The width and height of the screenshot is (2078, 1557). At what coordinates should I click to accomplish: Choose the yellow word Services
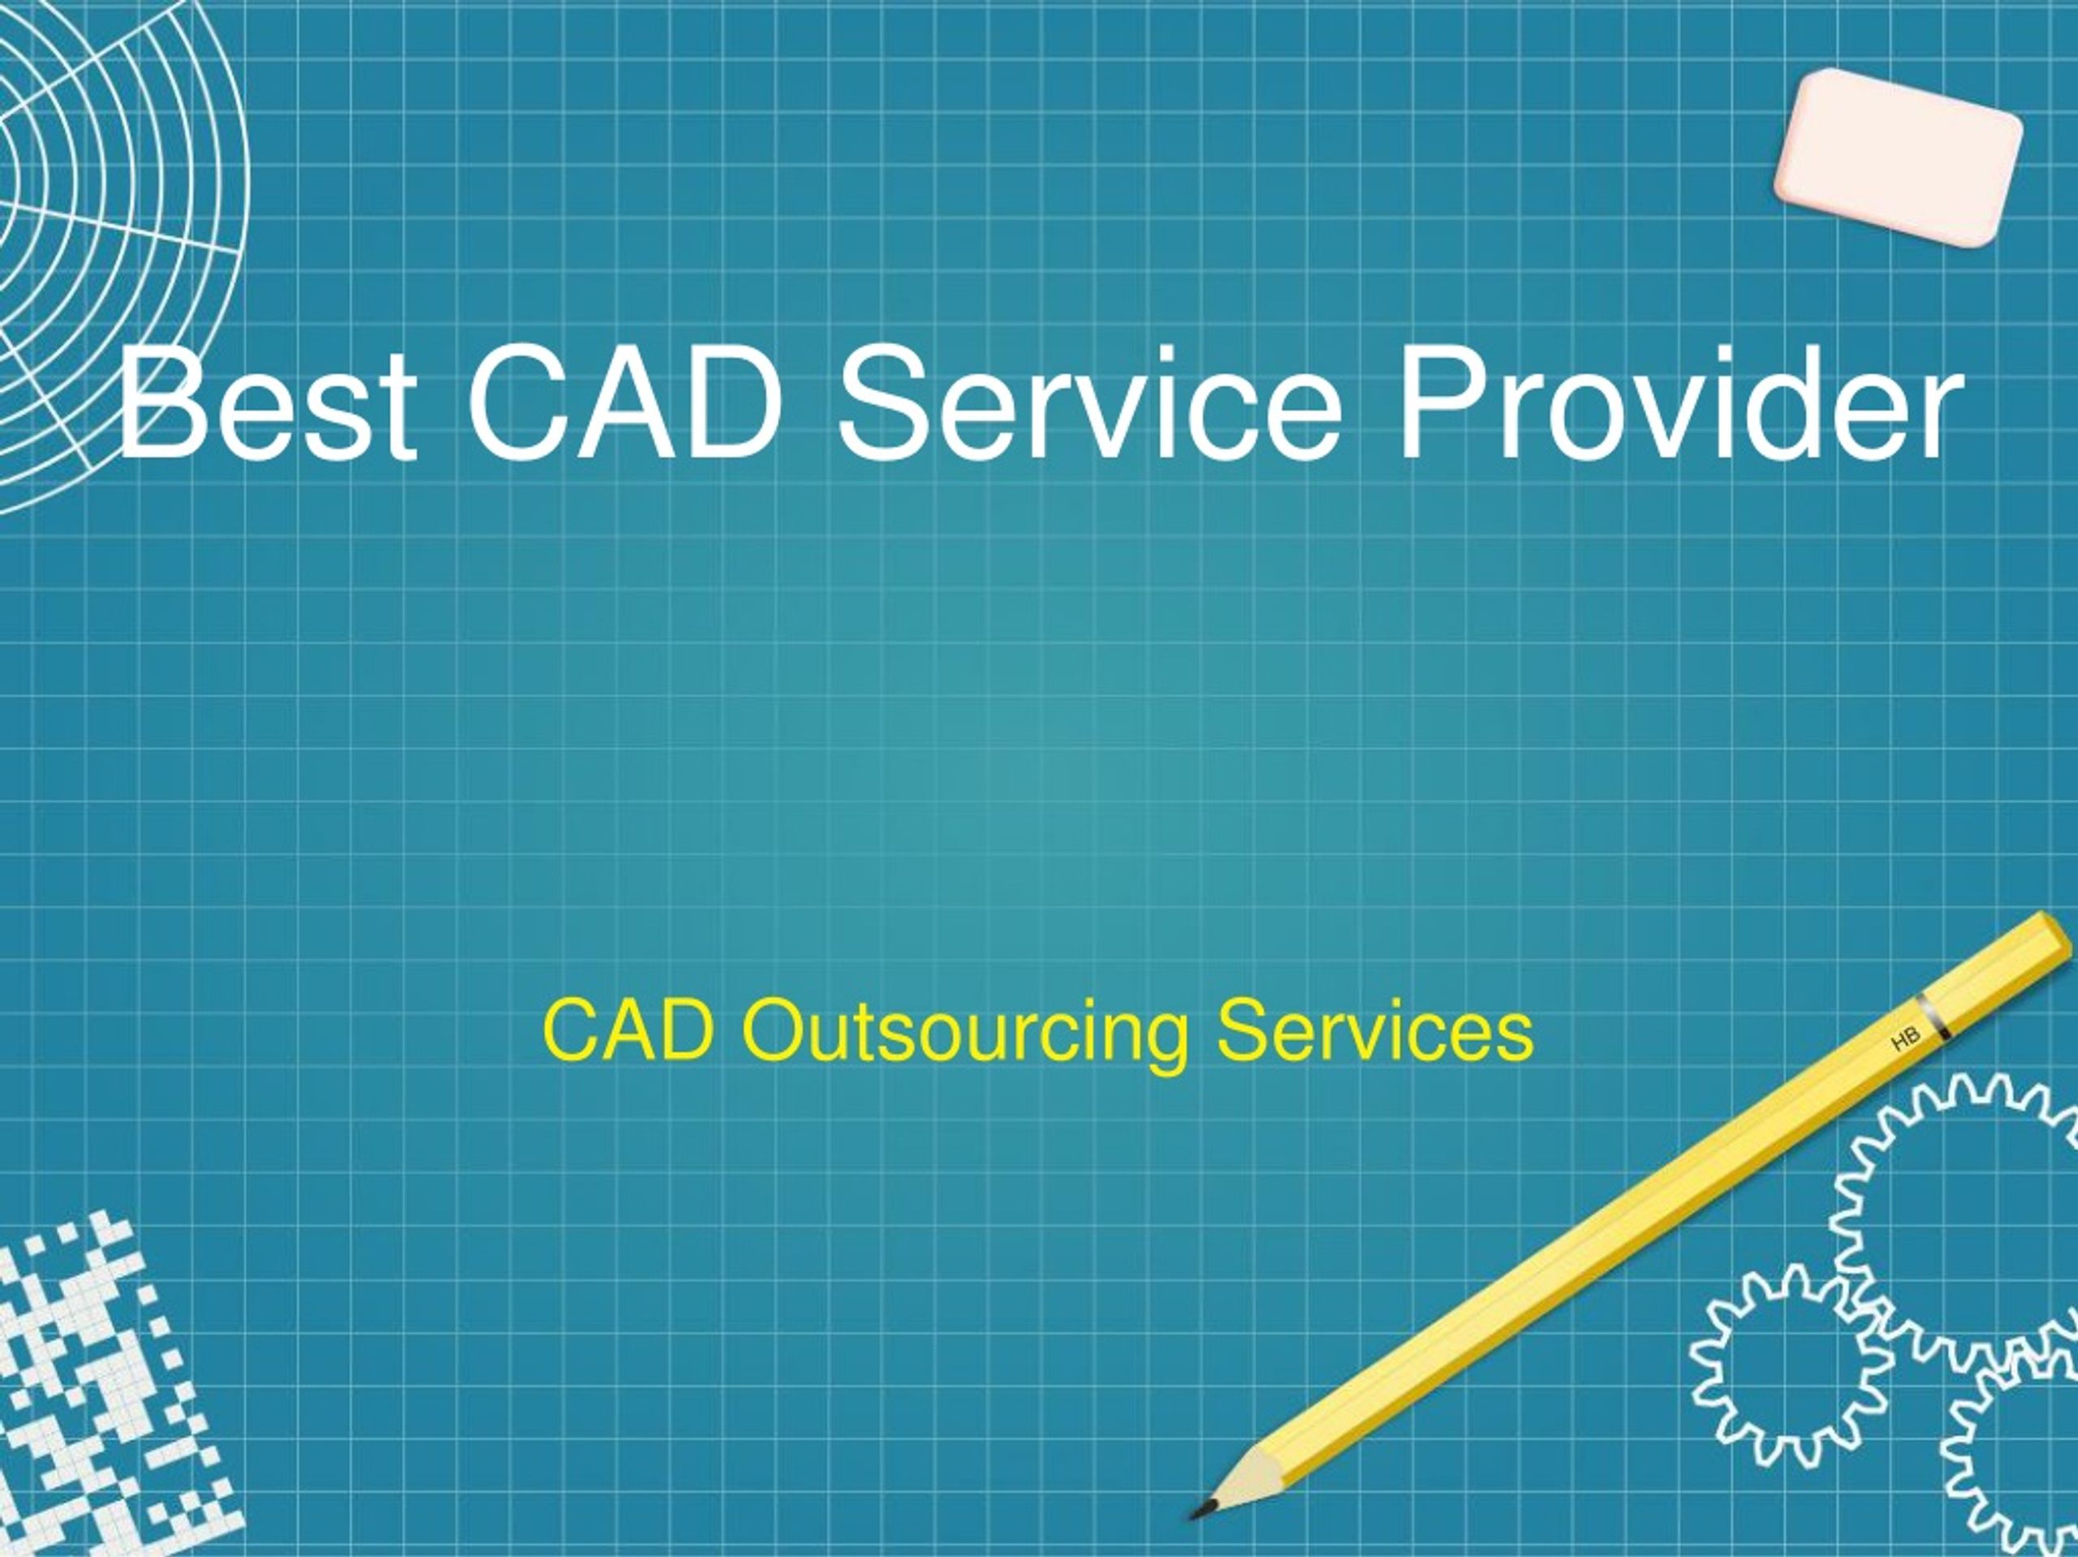1374,1030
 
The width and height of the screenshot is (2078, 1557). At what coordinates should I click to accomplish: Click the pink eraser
1898,157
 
